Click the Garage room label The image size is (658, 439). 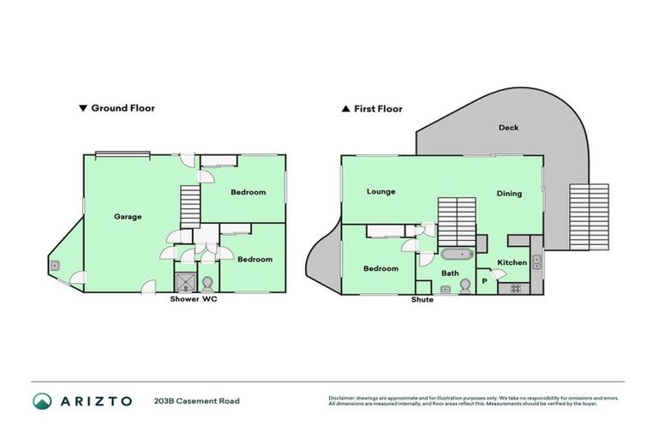[x=128, y=216]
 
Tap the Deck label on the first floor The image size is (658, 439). [x=508, y=128]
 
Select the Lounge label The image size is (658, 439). [x=380, y=191]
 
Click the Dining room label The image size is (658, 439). [x=509, y=193]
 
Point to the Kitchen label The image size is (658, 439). [x=512, y=262]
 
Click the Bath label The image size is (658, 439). [x=451, y=274]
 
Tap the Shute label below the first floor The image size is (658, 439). [x=422, y=300]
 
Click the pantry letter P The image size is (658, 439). [x=484, y=280]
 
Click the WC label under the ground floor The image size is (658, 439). [x=209, y=299]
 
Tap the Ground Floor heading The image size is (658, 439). [x=117, y=109]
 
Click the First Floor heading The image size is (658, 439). [x=372, y=109]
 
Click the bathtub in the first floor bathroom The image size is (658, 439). [x=454, y=255]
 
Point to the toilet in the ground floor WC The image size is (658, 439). [x=207, y=282]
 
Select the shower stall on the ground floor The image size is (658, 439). [x=184, y=282]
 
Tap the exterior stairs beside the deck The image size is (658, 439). [x=589, y=217]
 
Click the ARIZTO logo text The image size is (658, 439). [x=94, y=400]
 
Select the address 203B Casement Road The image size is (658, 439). [x=196, y=400]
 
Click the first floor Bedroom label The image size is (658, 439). [x=380, y=268]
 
